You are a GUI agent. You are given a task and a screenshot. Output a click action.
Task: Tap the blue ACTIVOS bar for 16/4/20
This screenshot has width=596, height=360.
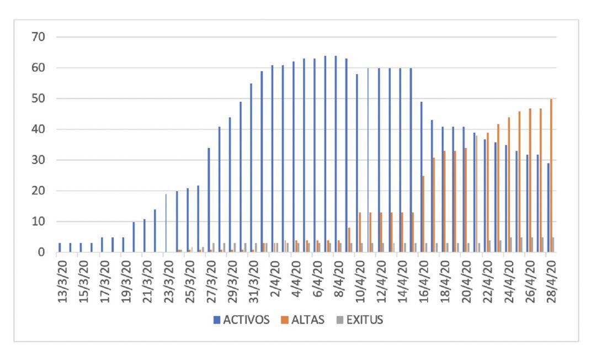coord(421,177)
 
